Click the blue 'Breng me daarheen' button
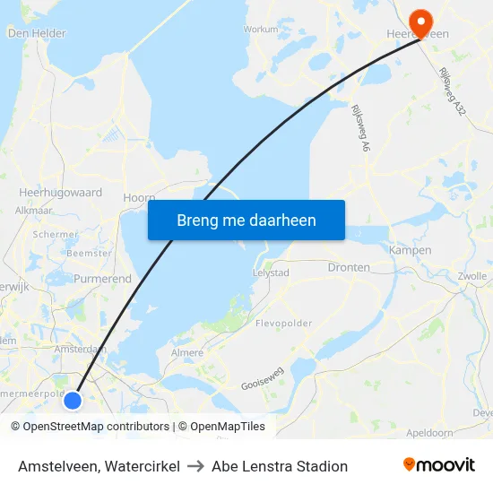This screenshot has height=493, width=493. [x=246, y=220]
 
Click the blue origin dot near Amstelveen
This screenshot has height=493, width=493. [x=74, y=400]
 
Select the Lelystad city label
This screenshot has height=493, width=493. [x=271, y=272]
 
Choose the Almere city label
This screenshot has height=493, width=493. [x=187, y=353]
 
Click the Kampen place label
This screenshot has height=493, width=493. [x=410, y=250]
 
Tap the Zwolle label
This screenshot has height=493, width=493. [x=472, y=276]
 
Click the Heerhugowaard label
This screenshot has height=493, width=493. [x=60, y=192]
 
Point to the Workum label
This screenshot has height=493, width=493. [x=261, y=29]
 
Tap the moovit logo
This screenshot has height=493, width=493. [x=439, y=465]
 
